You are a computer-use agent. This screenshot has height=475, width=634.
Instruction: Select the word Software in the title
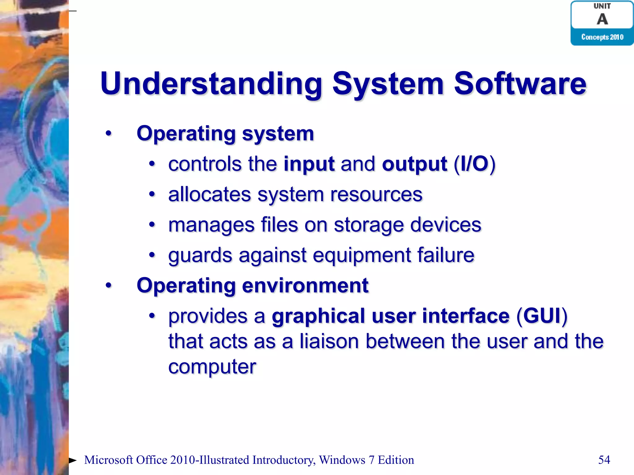coord(520,83)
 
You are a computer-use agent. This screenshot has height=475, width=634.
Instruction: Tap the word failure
coord(445,255)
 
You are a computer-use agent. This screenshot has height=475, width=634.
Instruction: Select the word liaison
coord(329,341)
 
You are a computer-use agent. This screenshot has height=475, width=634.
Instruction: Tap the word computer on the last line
coord(212,367)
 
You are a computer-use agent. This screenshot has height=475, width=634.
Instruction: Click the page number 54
coord(604,460)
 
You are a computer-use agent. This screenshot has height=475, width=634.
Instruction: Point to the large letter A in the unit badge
coord(602,19)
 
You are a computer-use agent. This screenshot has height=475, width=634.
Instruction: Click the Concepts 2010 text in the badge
coord(602,37)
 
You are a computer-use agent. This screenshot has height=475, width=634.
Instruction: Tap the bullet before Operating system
coord(108,134)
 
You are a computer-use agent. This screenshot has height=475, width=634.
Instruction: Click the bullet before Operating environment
coord(108,285)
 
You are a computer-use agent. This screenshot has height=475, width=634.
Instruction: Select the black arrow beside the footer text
coord(72,460)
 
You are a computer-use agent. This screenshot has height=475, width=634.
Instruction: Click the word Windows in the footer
coord(342,460)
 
